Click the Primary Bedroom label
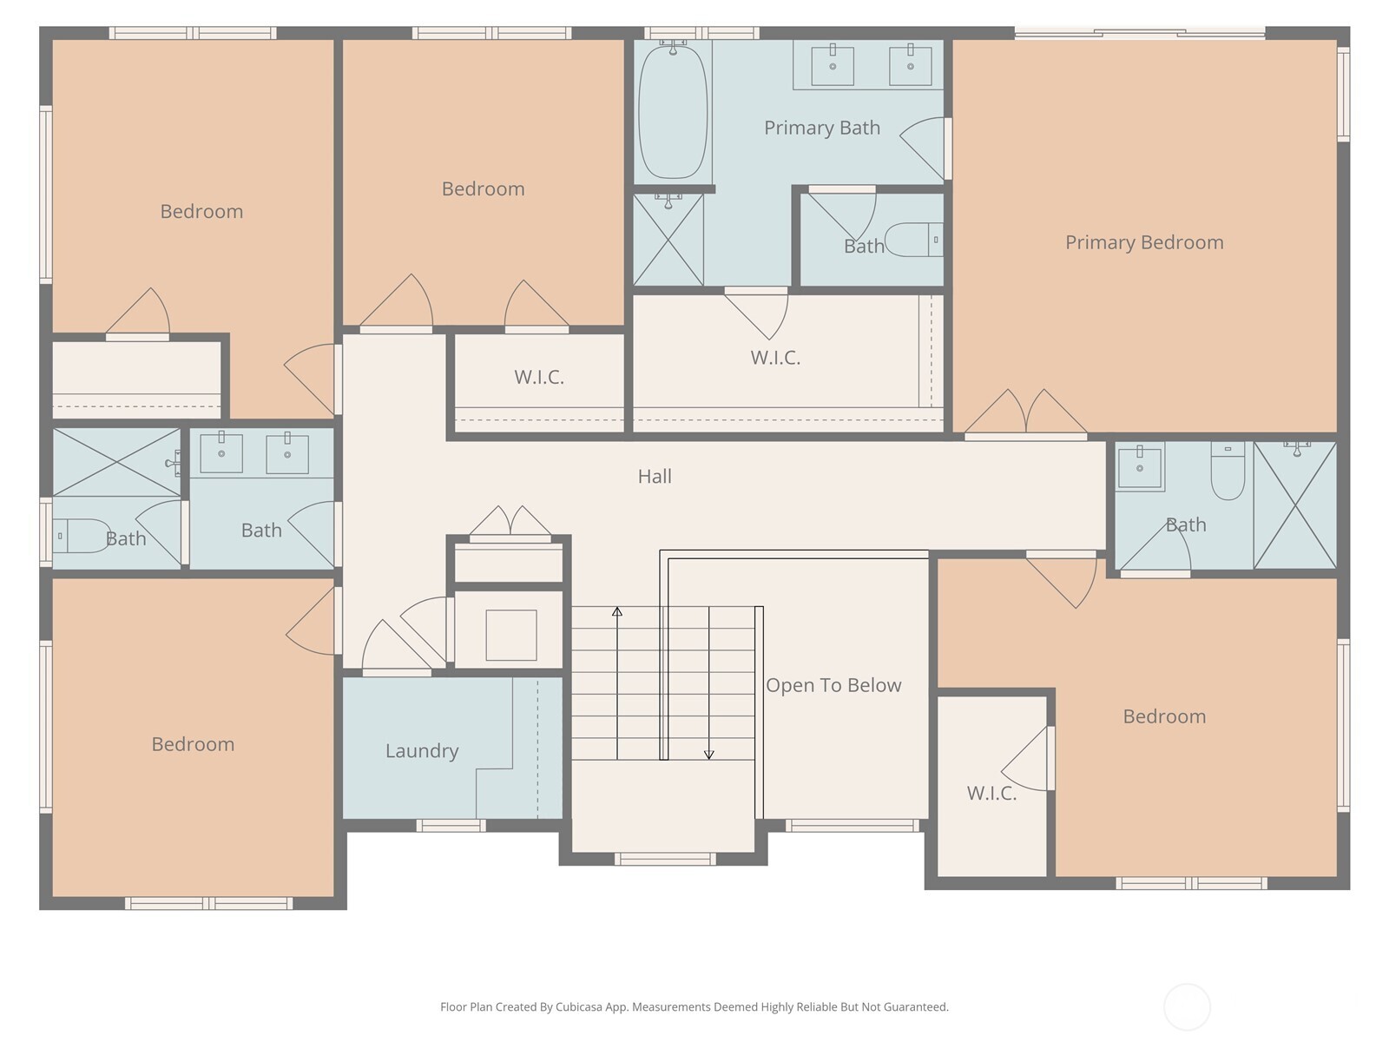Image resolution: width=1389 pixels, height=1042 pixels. coord(1143,242)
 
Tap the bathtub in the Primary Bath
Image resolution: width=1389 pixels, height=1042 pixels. coord(673,111)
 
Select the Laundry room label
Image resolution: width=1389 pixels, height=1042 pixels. coord(422,750)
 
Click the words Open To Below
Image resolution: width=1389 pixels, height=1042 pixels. coord(833,685)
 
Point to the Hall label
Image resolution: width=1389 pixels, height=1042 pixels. coord(655,476)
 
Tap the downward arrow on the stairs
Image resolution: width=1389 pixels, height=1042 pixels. coord(708,754)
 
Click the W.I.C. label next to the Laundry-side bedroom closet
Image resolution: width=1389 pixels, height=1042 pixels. coord(539,377)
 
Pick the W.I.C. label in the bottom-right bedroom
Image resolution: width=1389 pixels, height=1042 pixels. coord(991,793)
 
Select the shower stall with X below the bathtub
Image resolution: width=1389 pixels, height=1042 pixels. coord(668,241)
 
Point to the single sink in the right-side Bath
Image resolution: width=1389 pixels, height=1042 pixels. coord(1139,467)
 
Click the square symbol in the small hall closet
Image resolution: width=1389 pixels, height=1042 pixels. coord(510,635)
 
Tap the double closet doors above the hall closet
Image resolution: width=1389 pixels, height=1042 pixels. coord(510,523)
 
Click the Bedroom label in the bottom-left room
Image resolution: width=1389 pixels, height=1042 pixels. coord(193,744)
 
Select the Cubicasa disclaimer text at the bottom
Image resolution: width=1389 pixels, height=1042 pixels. coord(694,1007)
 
